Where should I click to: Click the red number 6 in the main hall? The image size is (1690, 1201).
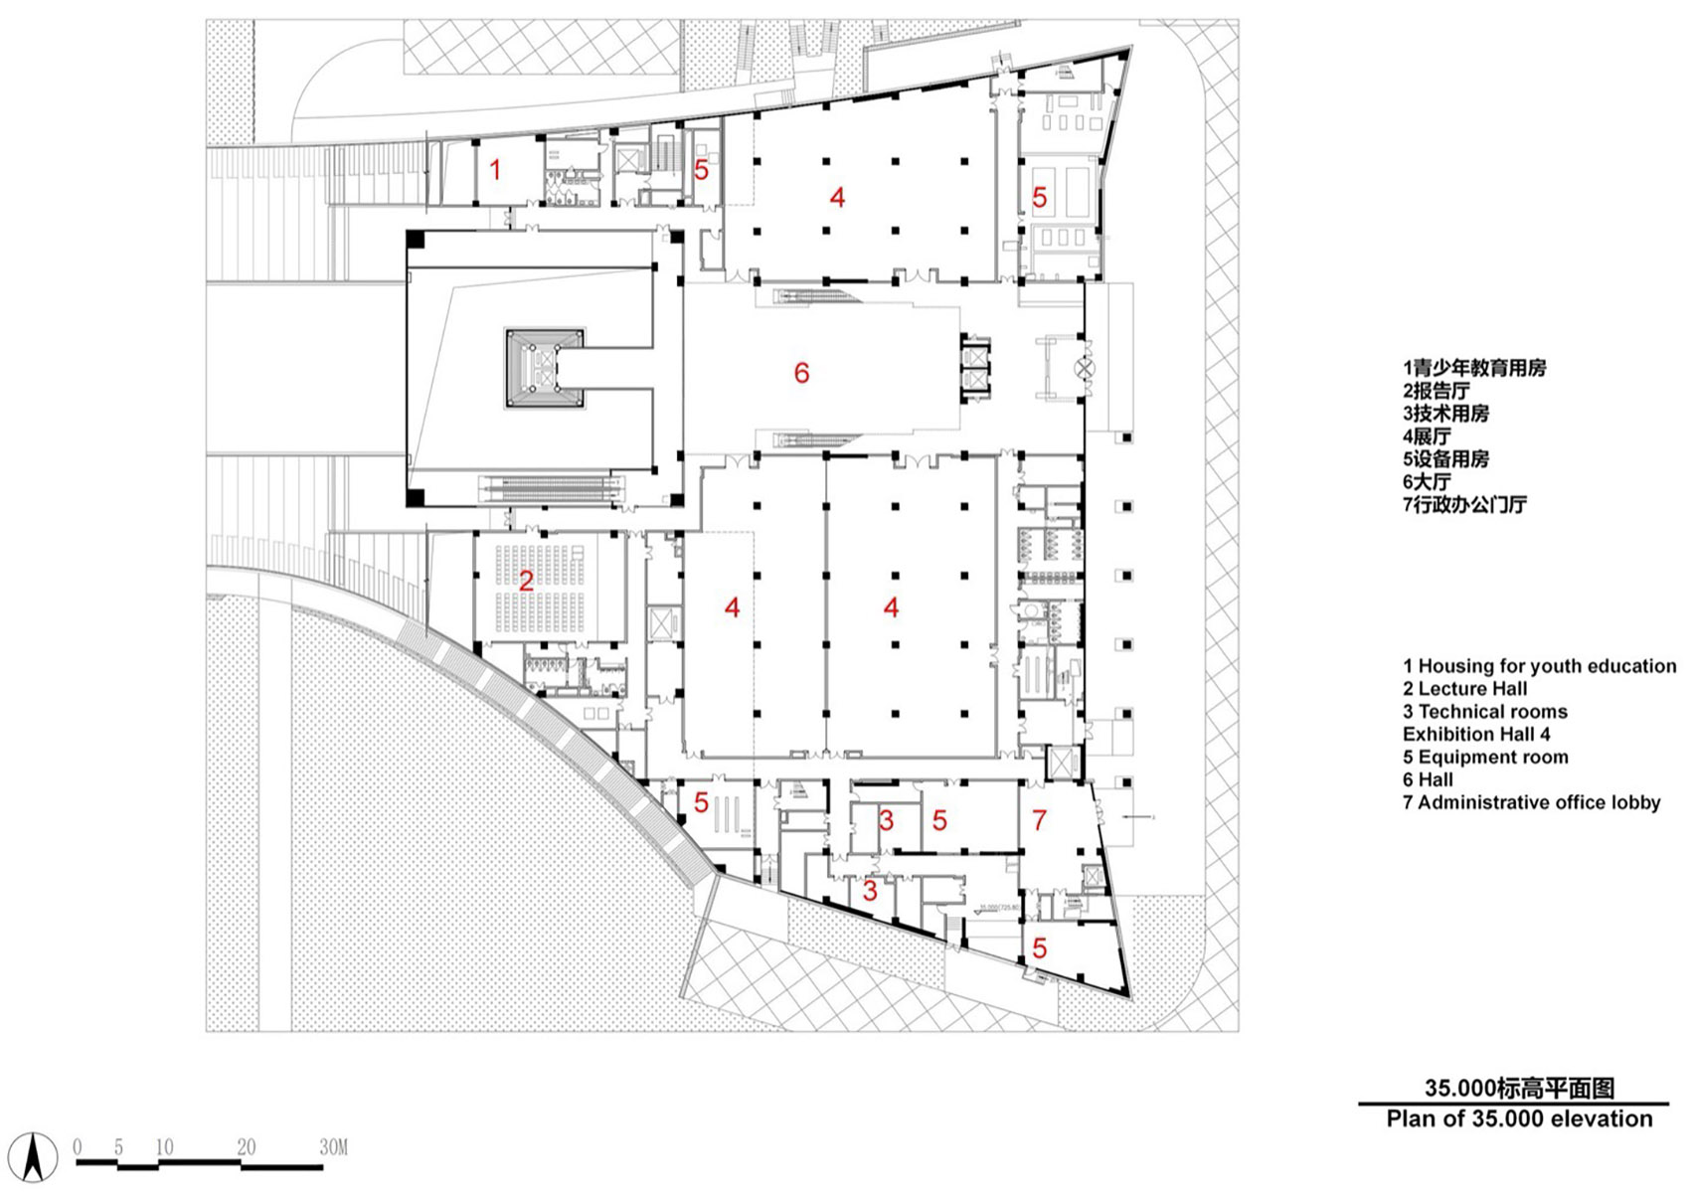tap(801, 373)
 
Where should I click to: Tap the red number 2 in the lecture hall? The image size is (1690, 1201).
tap(526, 580)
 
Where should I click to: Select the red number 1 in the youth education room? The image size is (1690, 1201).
tap(495, 170)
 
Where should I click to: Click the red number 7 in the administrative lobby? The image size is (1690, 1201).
tap(1039, 820)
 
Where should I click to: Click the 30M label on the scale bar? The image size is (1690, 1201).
tap(333, 1147)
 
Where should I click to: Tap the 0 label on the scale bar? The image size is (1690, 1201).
tap(78, 1147)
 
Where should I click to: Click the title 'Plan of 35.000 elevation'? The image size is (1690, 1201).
tap(1518, 1118)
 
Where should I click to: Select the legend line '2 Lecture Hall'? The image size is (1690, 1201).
tap(1464, 689)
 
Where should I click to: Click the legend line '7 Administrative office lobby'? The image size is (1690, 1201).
tap(1531, 802)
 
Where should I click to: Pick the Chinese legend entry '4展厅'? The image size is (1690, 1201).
tap(1427, 436)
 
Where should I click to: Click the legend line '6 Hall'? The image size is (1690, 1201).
tap(1428, 779)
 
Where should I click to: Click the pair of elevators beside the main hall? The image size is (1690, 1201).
tap(975, 367)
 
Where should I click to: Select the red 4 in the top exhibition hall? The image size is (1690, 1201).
tap(837, 198)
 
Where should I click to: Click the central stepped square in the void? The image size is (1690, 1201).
tap(543, 368)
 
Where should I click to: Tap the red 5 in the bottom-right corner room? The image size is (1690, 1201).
tap(1039, 947)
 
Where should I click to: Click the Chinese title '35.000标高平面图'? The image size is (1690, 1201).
tap(1518, 1089)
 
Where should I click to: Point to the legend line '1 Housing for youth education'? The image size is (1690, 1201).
tap(1539, 666)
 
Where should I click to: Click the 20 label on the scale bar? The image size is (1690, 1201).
tap(246, 1147)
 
